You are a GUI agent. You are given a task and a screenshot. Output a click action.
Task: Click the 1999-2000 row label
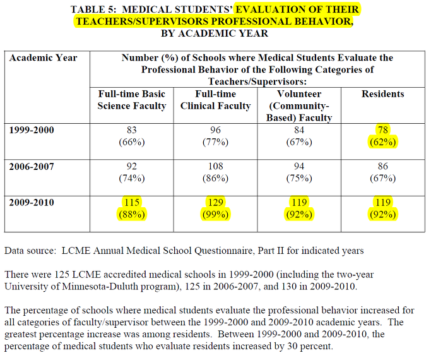coord(32,130)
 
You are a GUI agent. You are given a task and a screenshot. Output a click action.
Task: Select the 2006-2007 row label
coord(32,167)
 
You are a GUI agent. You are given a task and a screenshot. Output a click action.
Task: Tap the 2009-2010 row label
coord(32,203)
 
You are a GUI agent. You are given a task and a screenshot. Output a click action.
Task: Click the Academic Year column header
coord(43,57)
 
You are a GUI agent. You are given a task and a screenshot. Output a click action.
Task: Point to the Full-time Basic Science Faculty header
coord(132,100)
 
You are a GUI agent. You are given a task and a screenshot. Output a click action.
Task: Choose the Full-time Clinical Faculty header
coord(216,100)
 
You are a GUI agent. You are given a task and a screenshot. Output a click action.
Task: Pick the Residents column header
coord(382,94)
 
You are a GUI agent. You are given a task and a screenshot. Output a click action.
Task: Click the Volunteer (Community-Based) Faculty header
coord(299,106)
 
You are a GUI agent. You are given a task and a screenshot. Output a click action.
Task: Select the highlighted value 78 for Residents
coord(382,130)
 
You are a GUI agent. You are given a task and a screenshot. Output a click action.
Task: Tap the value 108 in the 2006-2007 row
coord(216,166)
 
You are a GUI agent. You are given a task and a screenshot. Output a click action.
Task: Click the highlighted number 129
coord(216,202)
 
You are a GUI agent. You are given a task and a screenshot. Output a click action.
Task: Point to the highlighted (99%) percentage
coord(216,215)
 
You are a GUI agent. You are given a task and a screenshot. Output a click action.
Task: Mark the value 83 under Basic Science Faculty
coord(132,130)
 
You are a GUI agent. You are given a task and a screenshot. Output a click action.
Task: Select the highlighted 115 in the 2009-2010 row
coord(132,202)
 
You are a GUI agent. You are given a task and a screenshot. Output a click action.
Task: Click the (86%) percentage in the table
coord(216,178)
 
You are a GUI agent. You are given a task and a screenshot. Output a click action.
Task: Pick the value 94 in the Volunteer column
coord(299,166)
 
